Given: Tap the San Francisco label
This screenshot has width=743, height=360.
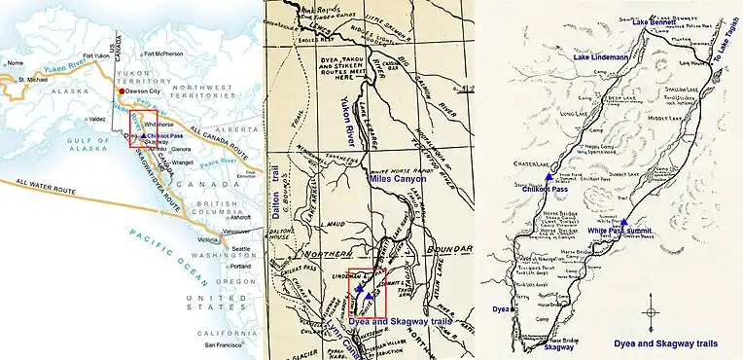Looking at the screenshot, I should tap(232, 346).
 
